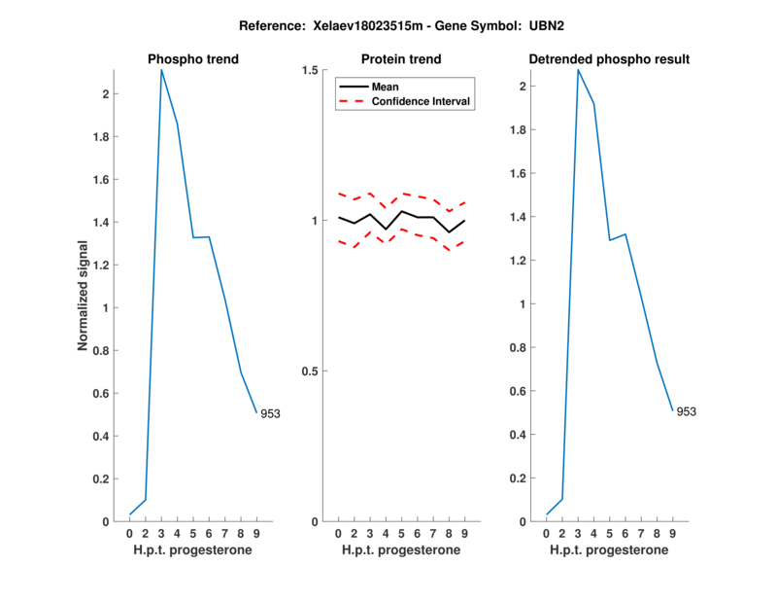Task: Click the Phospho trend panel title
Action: pyautogui.click(x=193, y=59)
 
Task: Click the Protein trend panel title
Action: pyautogui.click(x=401, y=59)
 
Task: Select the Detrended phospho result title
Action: pyautogui.click(x=609, y=59)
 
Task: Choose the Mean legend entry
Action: pyautogui.click(x=386, y=87)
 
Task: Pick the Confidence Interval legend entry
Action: pyautogui.click(x=422, y=101)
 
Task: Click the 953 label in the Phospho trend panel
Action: pyautogui.click(x=270, y=413)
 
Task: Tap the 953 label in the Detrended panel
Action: pyautogui.click(x=686, y=411)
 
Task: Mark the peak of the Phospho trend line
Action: pyautogui.click(x=161, y=70)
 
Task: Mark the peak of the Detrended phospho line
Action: pyautogui.click(x=578, y=70)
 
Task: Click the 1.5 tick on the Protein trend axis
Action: pyautogui.click(x=312, y=70)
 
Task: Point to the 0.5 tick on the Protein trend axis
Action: pyautogui.click(x=312, y=371)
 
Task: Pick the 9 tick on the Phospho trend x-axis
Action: pyautogui.click(x=256, y=534)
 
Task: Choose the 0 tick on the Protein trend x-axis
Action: pyautogui.click(x=338, y=534)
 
